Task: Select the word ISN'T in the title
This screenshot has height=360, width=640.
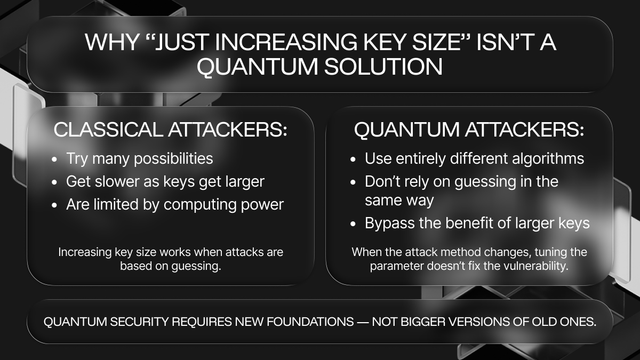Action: pyautogui.click(x=505, y=43)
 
